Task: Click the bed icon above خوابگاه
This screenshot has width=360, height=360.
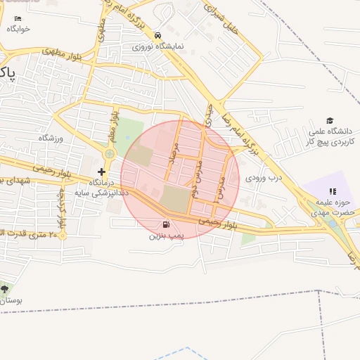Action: click(x=18, y=19)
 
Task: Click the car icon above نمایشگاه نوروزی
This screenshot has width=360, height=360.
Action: click(x=158, y=35)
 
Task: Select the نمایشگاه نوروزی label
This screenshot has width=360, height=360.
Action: click(x=158, y=46)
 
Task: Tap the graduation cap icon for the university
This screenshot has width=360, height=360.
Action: click(x=330, y=121)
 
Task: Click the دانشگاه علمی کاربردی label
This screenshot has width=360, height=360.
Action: click(x=333, y=136)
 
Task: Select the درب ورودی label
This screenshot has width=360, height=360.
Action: click(x=262, y=179)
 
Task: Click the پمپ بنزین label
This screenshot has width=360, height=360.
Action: click(x=165, y=236)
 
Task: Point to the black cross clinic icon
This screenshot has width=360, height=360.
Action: click(x=102, y=172)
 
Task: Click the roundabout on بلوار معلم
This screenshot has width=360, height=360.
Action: click(x=110, y=153)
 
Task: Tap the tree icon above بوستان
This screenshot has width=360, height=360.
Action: click(x=5, y=289)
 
